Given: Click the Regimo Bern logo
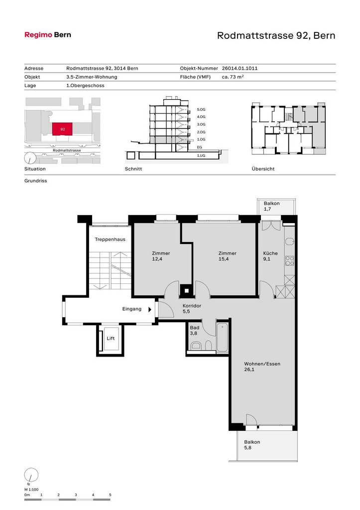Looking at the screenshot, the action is click(48, 35).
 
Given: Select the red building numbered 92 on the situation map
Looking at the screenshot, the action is click(62, 129).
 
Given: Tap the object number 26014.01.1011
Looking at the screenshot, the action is click(240, 68).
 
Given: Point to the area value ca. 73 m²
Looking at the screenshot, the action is click(233, 77).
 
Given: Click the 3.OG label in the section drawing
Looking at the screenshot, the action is click(201, 124).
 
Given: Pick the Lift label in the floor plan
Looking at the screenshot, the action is click(111, 338).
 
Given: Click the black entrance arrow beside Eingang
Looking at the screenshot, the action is click(150, 309).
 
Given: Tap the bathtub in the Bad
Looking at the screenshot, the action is click(223, 337).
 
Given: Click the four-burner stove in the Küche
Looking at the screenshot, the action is click(289, 261).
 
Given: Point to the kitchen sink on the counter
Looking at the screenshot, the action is click(289, 241).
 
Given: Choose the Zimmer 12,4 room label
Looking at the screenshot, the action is click(161, 256).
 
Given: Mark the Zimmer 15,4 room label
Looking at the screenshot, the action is click(228, 256).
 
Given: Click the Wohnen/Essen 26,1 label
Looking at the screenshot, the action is click(262, 367).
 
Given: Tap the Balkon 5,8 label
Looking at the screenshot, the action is click(252, 445).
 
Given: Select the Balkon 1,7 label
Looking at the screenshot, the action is click(271, 206).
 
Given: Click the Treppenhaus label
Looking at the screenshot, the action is click(110, 240).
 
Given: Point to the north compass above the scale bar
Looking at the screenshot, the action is click(31, 475).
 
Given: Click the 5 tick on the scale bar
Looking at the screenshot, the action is click(110, 495).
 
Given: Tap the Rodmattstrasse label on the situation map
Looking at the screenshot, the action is click(67, 150).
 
